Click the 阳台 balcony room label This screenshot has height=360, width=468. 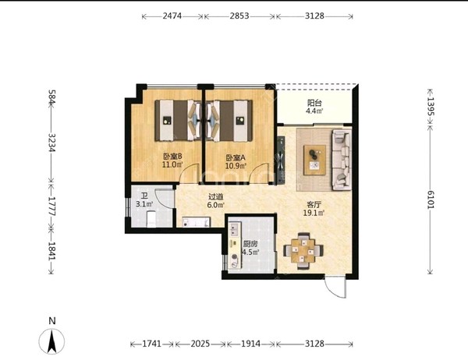(x=314, y=103)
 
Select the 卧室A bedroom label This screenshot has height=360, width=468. (x=236, y=157)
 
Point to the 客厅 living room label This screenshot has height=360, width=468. (x=314, y=205)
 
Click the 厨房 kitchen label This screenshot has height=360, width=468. (x=250, y=244)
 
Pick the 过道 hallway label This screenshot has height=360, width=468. (x=215, y=197)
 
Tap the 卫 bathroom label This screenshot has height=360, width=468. (x=144, y=196)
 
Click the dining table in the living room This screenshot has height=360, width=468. (x=303, y=251)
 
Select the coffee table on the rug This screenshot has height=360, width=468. (x=314, y=160)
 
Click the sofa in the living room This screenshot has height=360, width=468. (x=342, y=160)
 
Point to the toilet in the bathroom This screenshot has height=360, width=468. (x=151, y=219)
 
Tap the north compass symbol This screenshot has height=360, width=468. (x=52, y=341)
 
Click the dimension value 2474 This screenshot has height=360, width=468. (x=172, y=16)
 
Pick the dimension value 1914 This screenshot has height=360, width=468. (x=250, y=344)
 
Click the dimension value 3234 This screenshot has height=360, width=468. (x=52, y=143)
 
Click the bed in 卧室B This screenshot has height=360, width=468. (x=178, y=121)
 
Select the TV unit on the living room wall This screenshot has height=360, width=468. (x=281, y=160)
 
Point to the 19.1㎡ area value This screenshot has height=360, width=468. (x=314, y=213)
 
